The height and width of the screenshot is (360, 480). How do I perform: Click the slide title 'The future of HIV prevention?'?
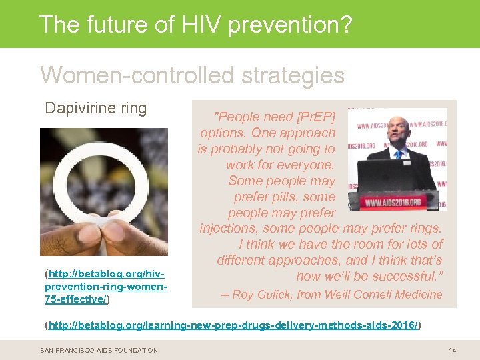[x=195, y=24]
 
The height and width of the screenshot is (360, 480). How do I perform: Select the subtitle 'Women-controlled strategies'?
[x=192, y=75]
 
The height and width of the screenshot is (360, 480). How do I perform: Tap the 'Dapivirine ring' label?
[x=95, y=109]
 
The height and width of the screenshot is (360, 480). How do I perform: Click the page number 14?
[x=452, y=350]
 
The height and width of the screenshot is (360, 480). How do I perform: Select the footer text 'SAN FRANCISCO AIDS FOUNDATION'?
[x=99, y=350]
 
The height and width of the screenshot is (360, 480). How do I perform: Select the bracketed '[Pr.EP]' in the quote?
[x=314, y=117]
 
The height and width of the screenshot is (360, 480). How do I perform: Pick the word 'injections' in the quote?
[x=231, y=229]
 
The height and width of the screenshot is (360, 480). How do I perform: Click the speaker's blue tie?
[x=399, y=154]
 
